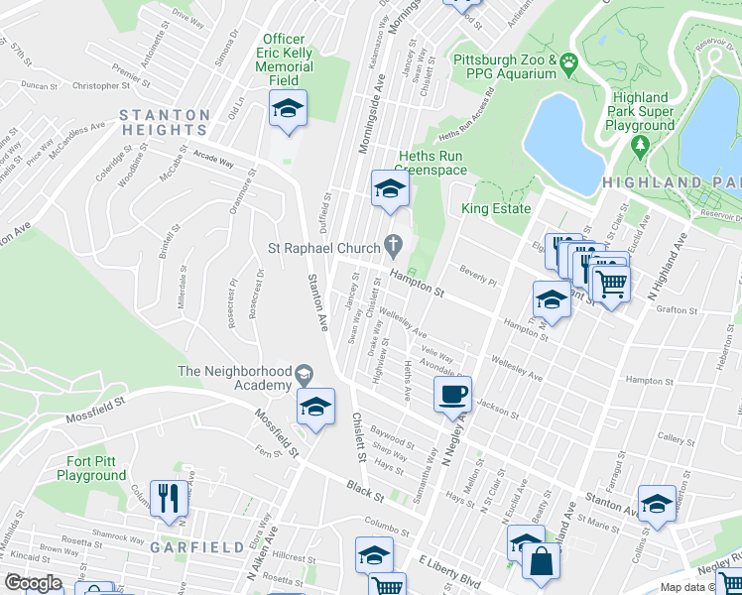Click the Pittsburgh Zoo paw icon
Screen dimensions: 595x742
tap(569, 65)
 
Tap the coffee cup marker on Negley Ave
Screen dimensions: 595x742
tap(452, 394)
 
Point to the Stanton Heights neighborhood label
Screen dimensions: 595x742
tap(165, 122)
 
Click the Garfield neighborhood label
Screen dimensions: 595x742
tap(196, 547)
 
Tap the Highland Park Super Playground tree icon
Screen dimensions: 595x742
tap(640, 146)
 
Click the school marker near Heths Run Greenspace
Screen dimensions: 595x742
tap(390, 187)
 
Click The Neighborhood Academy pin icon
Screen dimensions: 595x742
tap(304, 373)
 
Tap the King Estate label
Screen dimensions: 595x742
tap(496, 209)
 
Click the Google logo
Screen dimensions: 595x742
tap(33, 583)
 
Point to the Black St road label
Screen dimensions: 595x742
tap(358, 488)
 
